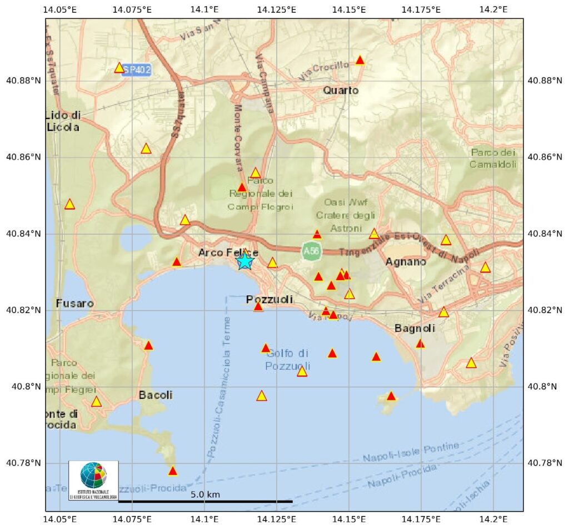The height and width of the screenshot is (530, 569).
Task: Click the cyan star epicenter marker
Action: tap(244, 260)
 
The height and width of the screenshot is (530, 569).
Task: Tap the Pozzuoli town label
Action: tap(269, 300)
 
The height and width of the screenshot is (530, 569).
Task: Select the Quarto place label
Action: tap(341, 90)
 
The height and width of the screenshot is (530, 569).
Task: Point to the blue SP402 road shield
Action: tap(137, 70)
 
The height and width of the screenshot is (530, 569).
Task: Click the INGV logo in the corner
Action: tap(93, 481)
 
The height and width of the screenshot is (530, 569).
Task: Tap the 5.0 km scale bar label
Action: tap(205, 494)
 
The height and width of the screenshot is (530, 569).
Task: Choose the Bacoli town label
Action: tap(155, 395)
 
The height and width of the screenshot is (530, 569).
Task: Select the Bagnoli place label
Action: tap(415, 328)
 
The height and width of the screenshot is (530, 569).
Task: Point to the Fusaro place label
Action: tap(74, 304)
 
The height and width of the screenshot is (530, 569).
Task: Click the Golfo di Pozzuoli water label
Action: tap(287, 360)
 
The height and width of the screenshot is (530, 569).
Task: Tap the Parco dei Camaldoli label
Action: tap(493, 158)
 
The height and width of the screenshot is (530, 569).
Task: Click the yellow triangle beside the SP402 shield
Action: tap(119, 67)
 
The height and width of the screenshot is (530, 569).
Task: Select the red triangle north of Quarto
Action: tap(360, 60)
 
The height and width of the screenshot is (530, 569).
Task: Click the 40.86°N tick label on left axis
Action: tap(22, 157)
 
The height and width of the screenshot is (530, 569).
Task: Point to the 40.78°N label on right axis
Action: tap(546, 463)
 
